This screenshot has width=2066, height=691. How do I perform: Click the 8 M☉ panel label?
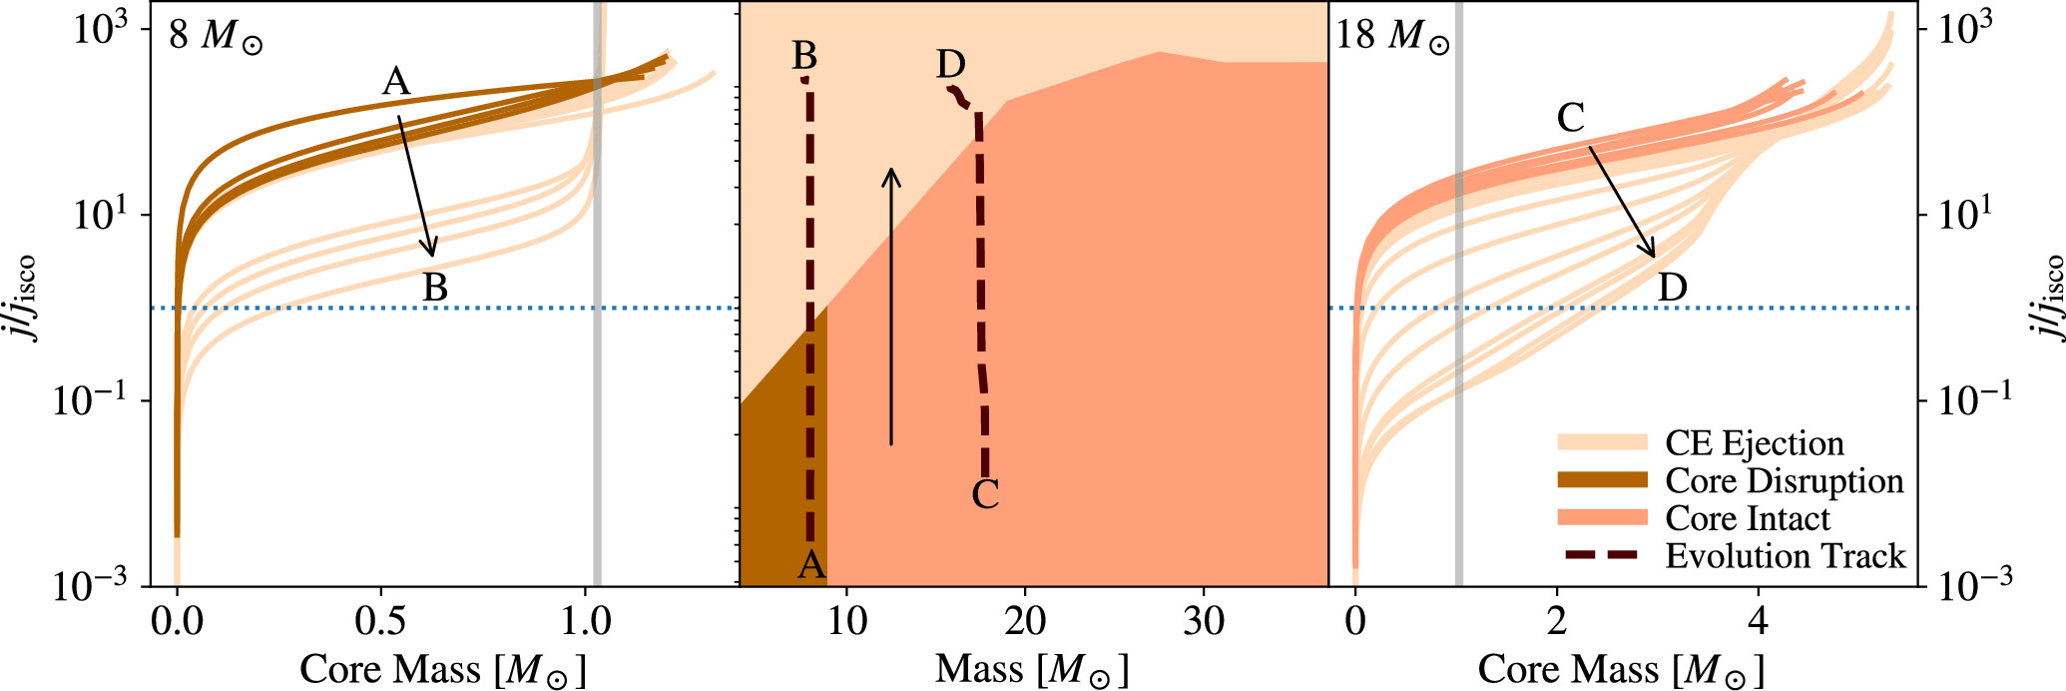tap(216, 36)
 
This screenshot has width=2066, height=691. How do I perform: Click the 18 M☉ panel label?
tap(1392, 36)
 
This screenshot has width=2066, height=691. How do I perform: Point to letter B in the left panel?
tap(435, 288)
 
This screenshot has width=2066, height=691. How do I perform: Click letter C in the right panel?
tap(1570, 119)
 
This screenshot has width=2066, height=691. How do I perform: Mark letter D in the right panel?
tap(1672, 289)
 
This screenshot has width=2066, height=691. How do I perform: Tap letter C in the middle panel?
tap(985, 494)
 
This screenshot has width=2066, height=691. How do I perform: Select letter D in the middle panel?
tap(950, 65)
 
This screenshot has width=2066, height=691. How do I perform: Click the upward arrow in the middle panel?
tap(891, 306)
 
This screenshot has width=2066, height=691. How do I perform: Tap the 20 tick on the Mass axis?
tap(1025, 622)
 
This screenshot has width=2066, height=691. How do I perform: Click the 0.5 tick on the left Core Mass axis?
tap(381, 622)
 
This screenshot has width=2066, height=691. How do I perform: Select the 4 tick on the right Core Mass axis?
tap(1758, 622)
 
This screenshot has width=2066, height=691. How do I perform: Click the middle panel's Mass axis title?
tap(1031, 669)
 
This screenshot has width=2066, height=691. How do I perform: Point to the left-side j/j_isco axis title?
tap(22, 298)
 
